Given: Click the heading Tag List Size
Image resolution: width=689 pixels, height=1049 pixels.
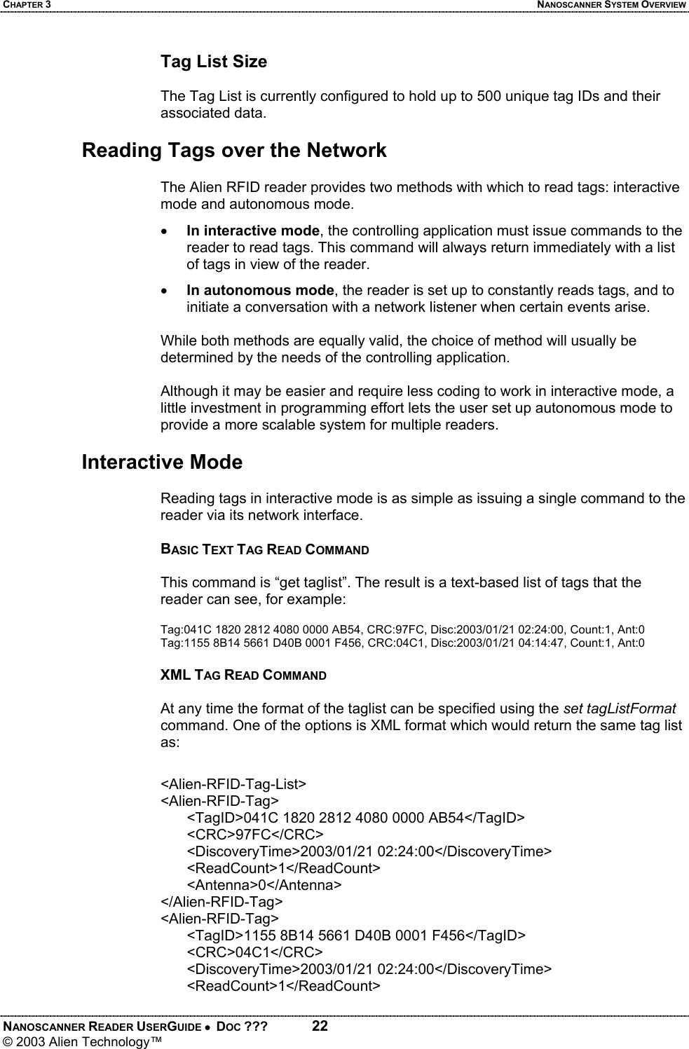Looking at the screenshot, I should pos(214,62).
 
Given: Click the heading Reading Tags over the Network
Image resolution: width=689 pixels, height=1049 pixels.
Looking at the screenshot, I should pos(234,151).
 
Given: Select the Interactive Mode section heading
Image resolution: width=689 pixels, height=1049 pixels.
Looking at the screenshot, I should pos(162,462).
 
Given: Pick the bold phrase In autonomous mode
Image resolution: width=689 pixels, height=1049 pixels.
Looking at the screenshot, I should pos(259,290).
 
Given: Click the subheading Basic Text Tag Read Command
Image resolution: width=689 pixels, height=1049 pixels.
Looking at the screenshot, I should pos(265,549).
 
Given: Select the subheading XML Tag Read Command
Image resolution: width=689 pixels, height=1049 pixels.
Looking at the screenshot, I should pos(243,676).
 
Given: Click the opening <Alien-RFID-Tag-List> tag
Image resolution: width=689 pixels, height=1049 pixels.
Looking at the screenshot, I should pos(233,783).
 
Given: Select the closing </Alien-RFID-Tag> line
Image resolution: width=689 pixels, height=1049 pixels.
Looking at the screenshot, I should pos(222,901).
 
